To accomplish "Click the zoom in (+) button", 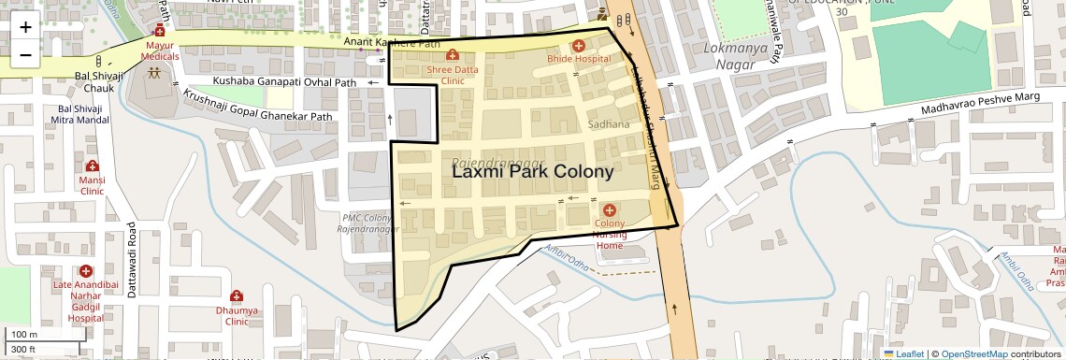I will point(25,27).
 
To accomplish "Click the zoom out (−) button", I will point(25,55).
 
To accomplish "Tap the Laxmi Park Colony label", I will point(533,172).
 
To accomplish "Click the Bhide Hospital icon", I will point(578,45).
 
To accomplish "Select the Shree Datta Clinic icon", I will point(453,55).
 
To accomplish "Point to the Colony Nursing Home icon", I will point(610,210).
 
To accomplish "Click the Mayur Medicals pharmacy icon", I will point(159,31).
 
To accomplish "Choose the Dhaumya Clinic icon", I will point(237,296).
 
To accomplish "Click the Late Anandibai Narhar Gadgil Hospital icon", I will point(85,271).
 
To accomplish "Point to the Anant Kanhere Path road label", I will point(392,42).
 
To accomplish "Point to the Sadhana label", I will point(609,123).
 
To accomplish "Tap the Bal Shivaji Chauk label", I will point(94,82).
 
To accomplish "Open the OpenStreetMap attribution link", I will point(973,353).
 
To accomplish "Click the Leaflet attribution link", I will point(903,353).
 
